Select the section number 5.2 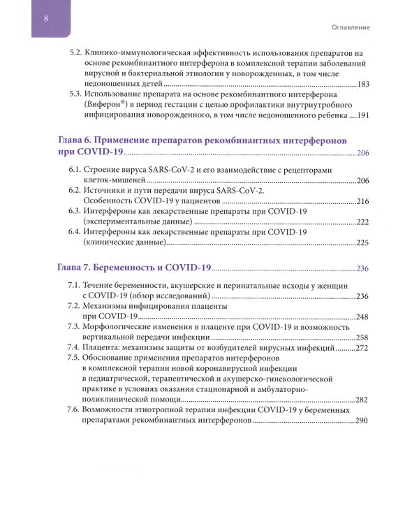click(73, 53)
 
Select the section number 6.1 click(73, 170)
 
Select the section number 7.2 click(73, 307)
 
